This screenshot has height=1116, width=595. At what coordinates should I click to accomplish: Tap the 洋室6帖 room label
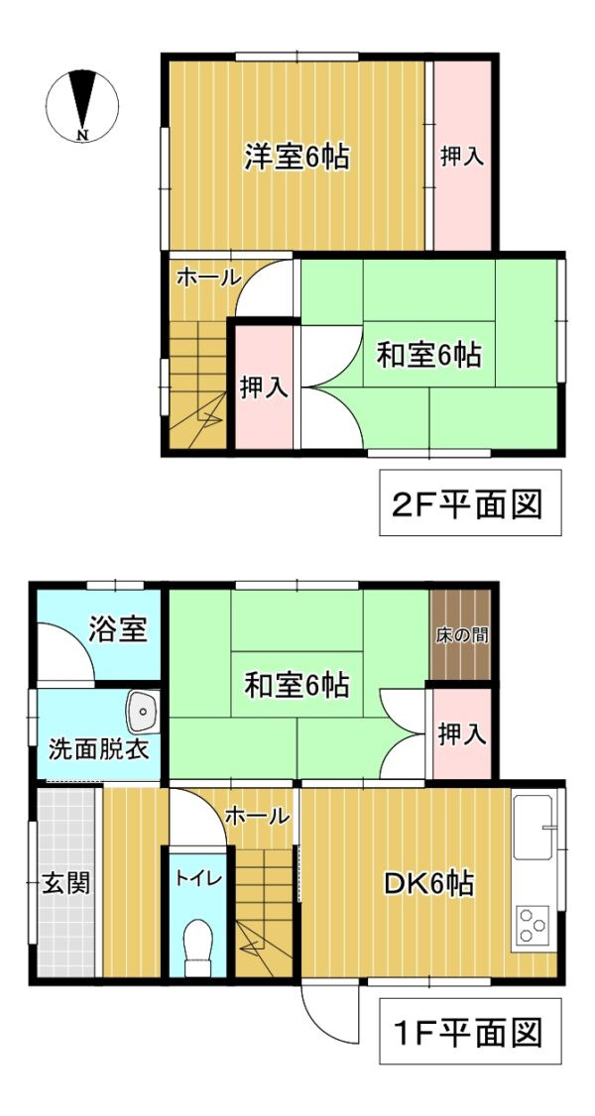pos(297,157)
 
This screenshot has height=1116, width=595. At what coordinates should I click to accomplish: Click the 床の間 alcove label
pos(462,635)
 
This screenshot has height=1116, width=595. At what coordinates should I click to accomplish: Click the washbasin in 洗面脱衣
pos(144,710)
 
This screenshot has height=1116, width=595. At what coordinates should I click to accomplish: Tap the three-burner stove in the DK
pos(533,926)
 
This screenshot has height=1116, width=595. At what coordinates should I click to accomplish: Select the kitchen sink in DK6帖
pos(535,827)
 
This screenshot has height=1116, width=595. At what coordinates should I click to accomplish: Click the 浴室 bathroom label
pos(118,629)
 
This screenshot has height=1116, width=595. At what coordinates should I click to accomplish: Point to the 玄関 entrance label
pos(65,882)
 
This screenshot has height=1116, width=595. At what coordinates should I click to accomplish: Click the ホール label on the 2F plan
pos(207,278)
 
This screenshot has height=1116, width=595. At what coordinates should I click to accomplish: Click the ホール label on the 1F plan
pos(257,816)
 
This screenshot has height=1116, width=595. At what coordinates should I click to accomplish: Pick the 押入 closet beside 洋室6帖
pos(461,156)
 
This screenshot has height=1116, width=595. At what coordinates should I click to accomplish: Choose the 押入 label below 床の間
pos(461,734)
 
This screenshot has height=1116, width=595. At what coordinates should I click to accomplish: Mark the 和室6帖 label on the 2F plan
pos(428,354)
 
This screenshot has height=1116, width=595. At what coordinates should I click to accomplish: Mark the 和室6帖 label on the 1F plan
pos(297,683)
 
